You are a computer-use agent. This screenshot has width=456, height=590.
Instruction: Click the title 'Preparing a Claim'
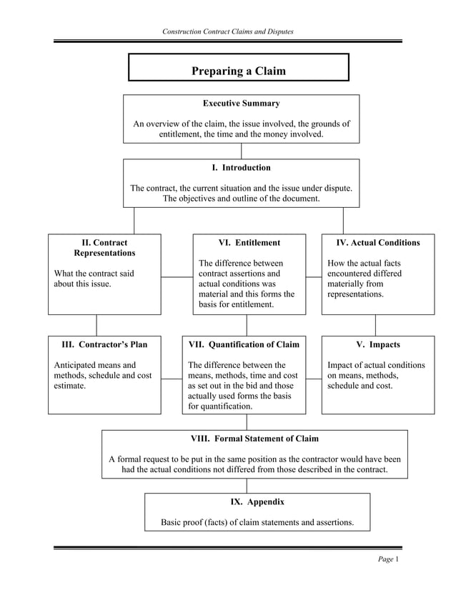[238, 71]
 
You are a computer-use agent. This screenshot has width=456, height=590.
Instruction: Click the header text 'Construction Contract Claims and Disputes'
[228, 31]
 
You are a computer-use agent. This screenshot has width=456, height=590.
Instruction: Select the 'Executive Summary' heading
[241, 104]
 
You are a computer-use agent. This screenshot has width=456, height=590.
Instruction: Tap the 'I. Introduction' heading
[241, 168]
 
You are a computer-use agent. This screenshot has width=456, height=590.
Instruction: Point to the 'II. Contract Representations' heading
[104, 248]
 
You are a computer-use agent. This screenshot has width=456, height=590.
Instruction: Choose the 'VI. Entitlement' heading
[249, 243]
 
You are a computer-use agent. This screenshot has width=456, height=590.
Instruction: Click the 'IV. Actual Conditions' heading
[377, 243]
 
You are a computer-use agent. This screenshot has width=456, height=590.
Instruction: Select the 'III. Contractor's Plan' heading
[104, 345]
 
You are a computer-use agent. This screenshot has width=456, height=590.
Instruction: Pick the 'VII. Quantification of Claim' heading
[243, 345]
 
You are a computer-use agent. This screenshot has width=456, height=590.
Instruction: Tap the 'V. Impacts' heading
[377, 345]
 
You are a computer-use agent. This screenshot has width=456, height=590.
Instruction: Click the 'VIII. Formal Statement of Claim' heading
[254, 439]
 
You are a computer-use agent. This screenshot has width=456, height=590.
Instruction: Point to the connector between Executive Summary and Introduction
[242, 151]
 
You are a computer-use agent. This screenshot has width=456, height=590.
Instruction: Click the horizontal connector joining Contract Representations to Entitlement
[177, 276]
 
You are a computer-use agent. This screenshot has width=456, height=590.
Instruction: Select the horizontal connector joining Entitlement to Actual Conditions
[313, 276]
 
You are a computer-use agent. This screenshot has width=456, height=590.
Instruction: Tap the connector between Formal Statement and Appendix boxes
[247, 486]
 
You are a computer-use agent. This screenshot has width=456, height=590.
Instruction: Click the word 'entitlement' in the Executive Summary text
[182, 134]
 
